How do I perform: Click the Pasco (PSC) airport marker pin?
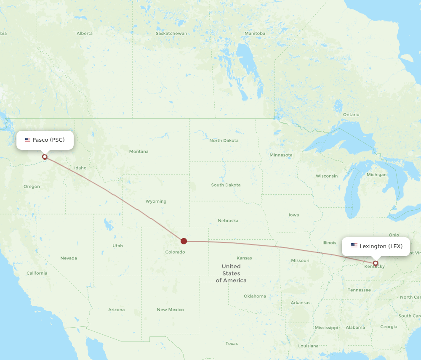coord(45,157)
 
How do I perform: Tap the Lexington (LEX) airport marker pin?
coord(376,263)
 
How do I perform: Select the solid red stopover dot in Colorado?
coord(184,241)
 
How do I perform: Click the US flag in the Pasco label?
coord(28,140)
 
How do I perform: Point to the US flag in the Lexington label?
coord(354,246)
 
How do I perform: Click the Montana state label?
coord(139,151)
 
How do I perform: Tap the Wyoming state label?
coord(156,201)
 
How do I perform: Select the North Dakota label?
coord(224,140)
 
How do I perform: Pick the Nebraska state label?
coord(228,221)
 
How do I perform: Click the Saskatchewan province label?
coord(171,34)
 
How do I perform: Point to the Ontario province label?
coord(351,114)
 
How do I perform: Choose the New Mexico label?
coord(170,310)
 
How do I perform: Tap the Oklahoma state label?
coord(255,296)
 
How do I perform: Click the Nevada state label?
coord(69,258)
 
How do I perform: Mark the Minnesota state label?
coord(281,155)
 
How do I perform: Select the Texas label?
coord(232,344)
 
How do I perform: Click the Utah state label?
coord(117,246)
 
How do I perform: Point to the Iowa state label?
coord(294,215)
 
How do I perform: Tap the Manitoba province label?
coord(255,34)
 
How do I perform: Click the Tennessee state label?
coord(359,290)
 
